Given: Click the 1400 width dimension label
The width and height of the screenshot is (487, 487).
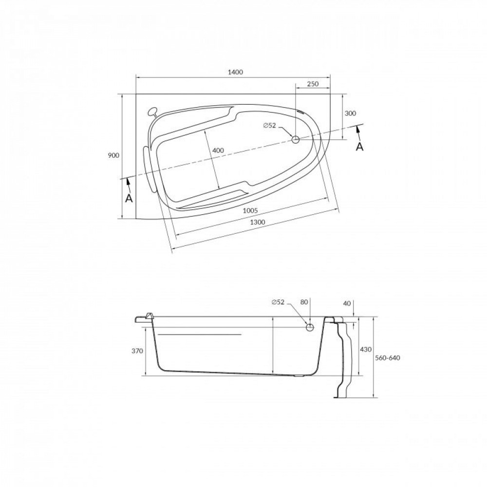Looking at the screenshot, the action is tap(235, 73).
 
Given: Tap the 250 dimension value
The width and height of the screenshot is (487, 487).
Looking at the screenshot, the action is tap(313, 84).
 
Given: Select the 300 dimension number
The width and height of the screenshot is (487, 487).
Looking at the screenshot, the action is tap(350, 113).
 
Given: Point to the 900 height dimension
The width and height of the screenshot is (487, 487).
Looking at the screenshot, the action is tap(113, 155).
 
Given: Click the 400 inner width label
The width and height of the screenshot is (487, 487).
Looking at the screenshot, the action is tap(218, 150).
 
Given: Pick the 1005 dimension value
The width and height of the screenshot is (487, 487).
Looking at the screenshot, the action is tap(250, 210).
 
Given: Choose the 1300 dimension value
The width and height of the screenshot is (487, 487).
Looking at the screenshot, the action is tap(257, 222).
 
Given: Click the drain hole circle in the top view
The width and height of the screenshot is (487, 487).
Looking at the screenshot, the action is tap(296, 139).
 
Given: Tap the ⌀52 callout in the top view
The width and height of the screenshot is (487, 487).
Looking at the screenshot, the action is tap(270, 126).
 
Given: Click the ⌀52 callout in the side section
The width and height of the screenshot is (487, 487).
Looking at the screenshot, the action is tap(278, 302).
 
